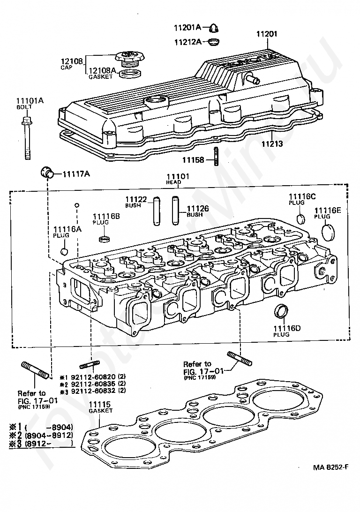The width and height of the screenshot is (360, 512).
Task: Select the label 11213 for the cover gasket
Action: point(272,144)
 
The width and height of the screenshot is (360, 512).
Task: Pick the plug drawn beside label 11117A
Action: point(45,172)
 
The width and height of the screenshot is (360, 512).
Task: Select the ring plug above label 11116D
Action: point(280,311)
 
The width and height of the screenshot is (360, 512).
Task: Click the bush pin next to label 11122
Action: point(157,211)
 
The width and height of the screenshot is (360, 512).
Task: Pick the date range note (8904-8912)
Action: point(49,435)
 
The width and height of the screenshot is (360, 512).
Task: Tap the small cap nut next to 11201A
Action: point(213,27)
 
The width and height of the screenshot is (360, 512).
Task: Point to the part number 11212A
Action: point(187,42)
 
